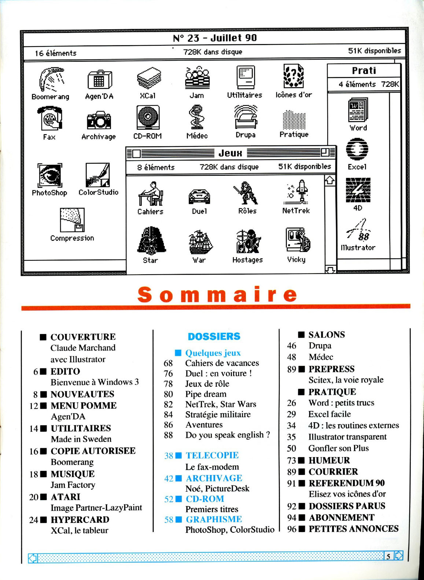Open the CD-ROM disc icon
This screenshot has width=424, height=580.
point(148,117)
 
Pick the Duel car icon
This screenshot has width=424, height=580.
point(199,196)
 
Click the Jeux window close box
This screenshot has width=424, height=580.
point(136,153)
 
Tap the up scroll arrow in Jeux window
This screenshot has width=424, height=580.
point(330,180)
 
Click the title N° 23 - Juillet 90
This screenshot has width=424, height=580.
point(215,38)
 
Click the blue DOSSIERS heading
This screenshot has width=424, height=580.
point(214,336)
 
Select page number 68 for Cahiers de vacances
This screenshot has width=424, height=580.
point(168,363)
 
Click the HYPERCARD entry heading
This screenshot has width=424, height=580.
point(80,520)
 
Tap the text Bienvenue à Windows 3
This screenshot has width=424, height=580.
point(95,382)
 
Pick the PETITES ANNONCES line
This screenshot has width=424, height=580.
point(353,529)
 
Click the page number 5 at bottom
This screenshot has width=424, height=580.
point(388,557)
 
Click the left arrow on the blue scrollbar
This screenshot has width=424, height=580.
point(33,558)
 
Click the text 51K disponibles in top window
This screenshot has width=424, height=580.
point(374,51)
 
